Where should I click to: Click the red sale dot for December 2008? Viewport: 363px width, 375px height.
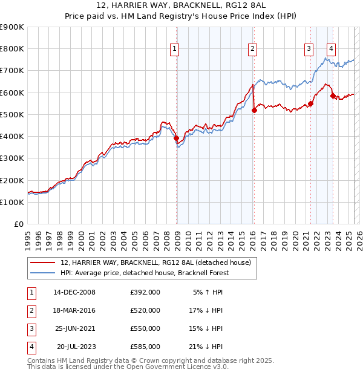point(177,139)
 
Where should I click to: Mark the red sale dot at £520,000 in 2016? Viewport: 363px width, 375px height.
point(254,110)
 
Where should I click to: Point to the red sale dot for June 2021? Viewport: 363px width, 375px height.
point(310,103)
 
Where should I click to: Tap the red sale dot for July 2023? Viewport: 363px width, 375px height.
point(333,96)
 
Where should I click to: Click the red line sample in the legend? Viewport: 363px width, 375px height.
point(43,262)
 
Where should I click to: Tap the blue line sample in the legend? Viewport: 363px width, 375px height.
point(43,273)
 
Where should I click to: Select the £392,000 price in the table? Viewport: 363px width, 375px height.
point(145,292)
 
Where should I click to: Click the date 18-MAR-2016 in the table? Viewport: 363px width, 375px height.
point(74,310)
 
